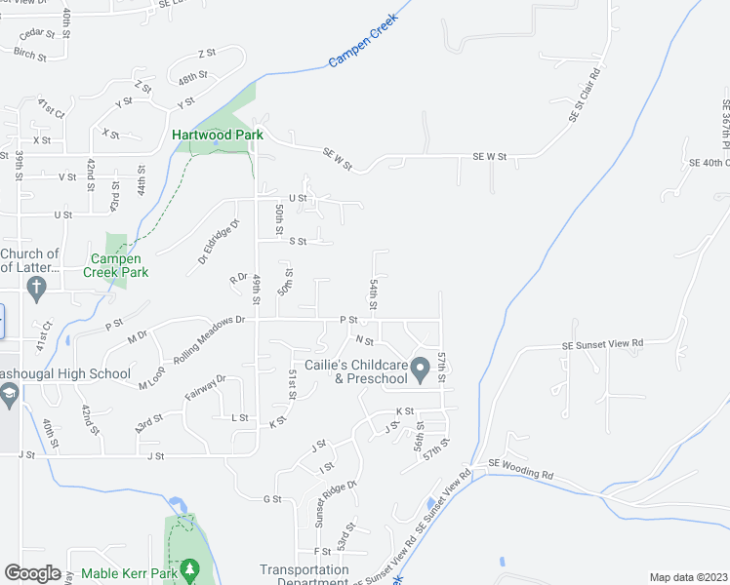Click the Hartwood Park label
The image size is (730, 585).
pyautogui.click(x=218, y=135)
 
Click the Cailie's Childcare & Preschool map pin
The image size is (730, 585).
pyautogui.click(x=421, y=370)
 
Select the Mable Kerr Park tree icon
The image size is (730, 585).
pyautogui.click(x=191, y=567)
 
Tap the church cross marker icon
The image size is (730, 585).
pyautogui.click(x=36, y=289)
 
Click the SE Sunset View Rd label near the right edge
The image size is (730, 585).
pyautogui.click(x=603, y=343)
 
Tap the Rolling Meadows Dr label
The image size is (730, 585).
pyautogui.click(x=202, y=332)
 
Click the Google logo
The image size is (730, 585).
pyautogui.click(x=32, y=573)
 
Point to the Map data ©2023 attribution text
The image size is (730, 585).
pyautogui.click(x=688, y=577)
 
